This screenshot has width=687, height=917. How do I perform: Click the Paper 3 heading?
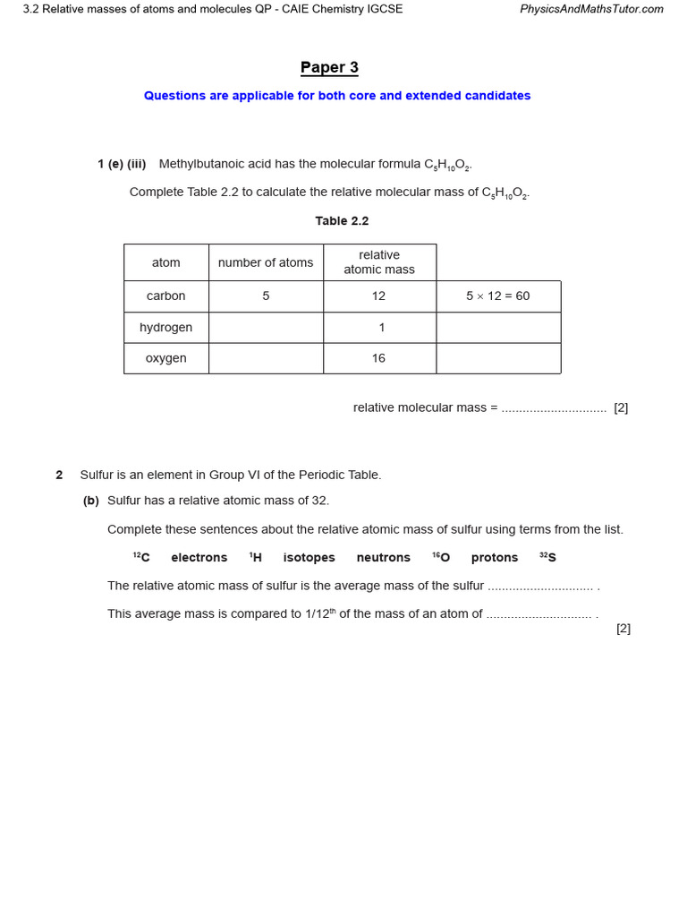(329, 68)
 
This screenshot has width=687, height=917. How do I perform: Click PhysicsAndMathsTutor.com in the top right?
(591, 9)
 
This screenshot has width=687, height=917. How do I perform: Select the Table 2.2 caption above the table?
(342, 221)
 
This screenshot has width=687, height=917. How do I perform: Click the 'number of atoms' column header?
(266, 262)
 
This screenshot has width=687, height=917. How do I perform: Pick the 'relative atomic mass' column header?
(379, 262)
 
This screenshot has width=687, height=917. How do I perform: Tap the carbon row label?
(165, 296)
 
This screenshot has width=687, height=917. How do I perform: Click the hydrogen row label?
(165, 328)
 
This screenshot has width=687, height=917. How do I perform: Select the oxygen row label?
(165, 358)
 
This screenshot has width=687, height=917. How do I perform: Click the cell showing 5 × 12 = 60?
(497, 296)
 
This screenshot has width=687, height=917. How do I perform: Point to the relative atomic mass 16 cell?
(379, 358)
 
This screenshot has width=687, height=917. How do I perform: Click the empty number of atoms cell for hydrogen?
(266, 328)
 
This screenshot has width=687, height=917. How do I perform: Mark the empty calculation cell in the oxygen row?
(497, 358)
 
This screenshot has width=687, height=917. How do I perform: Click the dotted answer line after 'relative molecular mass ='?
(554, 408)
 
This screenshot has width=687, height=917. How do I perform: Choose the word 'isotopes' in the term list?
(309, 558)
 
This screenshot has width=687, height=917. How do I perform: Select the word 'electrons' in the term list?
(199, 558)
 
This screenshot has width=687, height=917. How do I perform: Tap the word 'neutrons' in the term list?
(383, 558)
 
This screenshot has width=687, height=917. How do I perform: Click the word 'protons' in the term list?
(494, 558)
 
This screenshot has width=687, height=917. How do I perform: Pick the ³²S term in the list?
(547, 558)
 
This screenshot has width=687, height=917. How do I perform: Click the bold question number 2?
(59, 476)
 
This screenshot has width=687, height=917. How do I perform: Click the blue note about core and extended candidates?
(337, 96)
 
